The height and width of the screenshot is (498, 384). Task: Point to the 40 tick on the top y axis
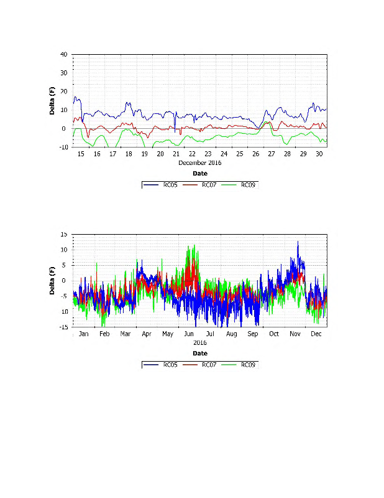[64, 54]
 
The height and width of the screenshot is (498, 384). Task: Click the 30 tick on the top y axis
[64, 73]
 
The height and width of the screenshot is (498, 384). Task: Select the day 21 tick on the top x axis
[176, 154]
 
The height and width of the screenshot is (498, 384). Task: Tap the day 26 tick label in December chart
[255, 154]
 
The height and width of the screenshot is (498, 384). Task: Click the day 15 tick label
[81, 154]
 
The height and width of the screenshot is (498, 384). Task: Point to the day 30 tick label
[319, 154]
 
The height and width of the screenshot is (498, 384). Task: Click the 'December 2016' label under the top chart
[199, 162]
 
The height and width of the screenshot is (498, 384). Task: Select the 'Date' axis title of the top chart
[199, 174]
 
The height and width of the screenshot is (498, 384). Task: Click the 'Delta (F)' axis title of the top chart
[53, 101]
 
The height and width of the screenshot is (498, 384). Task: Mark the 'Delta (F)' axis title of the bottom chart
[53, 281]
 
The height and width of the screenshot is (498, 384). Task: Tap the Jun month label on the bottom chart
[188, 334]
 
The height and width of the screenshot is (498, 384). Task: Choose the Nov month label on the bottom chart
[295, 334]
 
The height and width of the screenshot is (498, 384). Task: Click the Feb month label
[104, 334]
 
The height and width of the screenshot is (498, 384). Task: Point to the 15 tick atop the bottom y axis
[64, 234]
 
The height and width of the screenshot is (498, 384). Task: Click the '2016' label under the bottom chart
[199, 342]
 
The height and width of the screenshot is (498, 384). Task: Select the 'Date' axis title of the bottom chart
[199, 353]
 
